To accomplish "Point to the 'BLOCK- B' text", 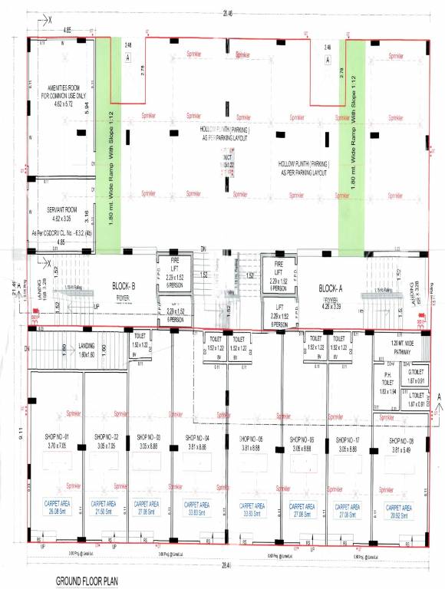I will tap(124, 265).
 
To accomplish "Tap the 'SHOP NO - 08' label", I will tap(401, 440).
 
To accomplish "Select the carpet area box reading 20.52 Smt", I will tap(401, 510).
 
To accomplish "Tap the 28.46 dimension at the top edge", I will tap(226, 13).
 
